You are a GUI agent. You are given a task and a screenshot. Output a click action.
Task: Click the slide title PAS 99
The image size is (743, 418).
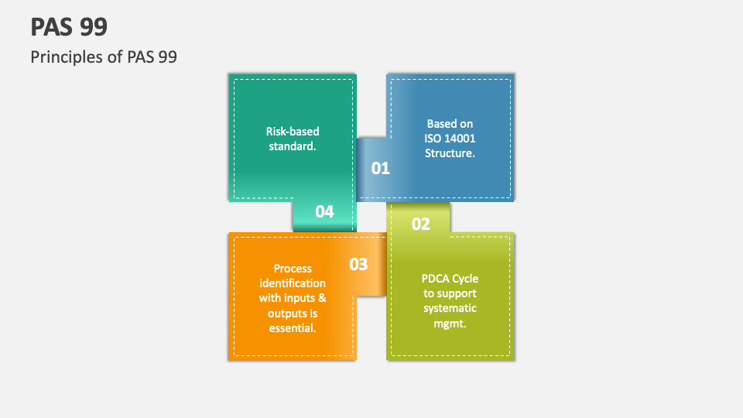coord(69,27)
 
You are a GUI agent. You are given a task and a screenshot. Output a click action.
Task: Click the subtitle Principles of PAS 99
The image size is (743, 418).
coord(104,57)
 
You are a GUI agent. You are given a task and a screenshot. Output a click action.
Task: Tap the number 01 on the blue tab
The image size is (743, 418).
coord(381,168)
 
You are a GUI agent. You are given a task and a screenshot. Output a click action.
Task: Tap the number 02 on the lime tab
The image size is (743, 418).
coord(420,224)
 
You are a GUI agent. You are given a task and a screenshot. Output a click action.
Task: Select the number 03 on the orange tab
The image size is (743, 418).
coord(358,264)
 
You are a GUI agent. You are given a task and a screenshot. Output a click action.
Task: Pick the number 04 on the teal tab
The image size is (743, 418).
coord(324,211)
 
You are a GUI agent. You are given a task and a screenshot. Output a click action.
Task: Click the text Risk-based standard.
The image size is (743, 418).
coord(293,139)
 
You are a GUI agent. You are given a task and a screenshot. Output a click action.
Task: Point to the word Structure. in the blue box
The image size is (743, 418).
coord(450,153)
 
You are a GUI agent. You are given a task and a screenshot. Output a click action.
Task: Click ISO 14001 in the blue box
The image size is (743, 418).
coord(450,139)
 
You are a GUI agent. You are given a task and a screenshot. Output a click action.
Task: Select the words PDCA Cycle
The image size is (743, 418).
coord(450,279)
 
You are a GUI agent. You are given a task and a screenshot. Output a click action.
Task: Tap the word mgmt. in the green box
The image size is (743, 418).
coord(450,323)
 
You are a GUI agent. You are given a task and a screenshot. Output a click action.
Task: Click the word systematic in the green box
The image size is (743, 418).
coord(450,308)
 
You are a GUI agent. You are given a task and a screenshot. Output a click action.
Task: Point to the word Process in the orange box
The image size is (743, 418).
coord(293,269)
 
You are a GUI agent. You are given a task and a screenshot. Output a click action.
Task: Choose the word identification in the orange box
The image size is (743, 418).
coord(293,283)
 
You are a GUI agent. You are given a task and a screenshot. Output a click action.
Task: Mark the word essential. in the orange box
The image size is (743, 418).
coord(293,327)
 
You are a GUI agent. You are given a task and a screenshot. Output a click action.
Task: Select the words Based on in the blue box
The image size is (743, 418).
coord(450,124)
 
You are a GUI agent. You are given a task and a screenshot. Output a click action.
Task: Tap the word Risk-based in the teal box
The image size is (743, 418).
coord(293,132)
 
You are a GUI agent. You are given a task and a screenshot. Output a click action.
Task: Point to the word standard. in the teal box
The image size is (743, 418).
coord(293,146)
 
